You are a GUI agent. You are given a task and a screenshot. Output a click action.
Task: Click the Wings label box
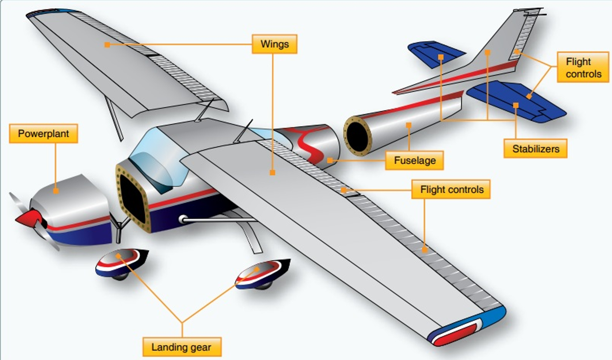274,44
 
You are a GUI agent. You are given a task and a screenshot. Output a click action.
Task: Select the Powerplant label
43,134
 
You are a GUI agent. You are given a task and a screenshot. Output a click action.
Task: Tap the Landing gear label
182,347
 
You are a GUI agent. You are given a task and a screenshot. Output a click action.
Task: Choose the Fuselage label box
414,160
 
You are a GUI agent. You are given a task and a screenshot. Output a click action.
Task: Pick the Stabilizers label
535,149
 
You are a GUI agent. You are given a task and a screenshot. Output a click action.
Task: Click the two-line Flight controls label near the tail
583,67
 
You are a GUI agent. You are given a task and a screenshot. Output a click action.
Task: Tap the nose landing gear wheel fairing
121,262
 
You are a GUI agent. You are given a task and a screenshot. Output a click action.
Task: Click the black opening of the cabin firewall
132,199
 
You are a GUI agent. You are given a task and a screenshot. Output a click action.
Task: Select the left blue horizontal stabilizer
435,53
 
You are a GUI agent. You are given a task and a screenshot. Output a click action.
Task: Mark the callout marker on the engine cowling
56,191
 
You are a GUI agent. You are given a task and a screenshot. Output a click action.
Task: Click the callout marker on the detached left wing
107,45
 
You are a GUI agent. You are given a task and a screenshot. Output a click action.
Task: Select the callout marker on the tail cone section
408,125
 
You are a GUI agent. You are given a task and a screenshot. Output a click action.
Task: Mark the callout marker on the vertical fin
487,53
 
